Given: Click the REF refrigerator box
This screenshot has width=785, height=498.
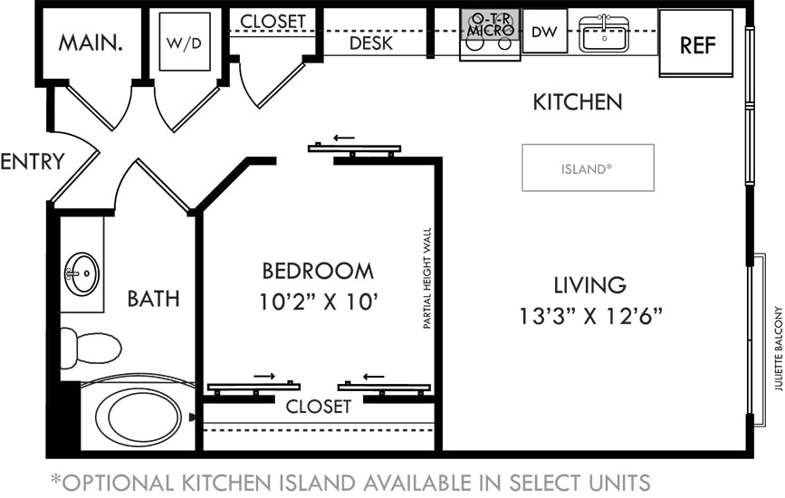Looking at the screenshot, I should point(695,43).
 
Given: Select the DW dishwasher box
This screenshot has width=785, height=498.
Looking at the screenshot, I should point(544,33).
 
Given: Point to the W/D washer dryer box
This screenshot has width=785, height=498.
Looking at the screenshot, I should point(185,42).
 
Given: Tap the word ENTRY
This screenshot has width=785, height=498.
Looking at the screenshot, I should point(32,162).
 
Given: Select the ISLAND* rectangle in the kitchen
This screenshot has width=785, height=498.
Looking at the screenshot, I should point(588,168).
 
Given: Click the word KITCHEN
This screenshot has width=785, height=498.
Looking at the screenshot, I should point(577,101).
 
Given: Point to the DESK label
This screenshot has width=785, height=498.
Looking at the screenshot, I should point(370,43).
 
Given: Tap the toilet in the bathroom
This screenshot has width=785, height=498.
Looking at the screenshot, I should point(90,348).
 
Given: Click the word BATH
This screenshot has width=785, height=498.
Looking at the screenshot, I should point(153,298).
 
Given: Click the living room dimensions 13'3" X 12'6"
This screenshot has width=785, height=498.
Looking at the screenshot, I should point(590,317).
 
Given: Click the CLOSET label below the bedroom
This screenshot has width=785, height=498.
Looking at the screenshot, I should point(318,407).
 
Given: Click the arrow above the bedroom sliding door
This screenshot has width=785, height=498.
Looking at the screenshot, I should point(343,139).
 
